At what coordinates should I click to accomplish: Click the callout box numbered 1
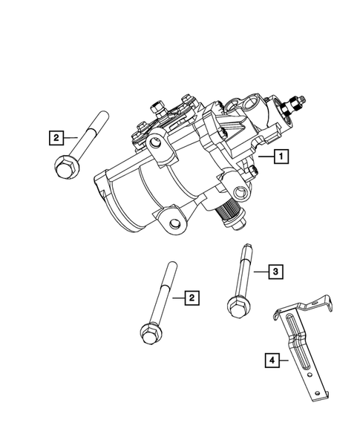tap(281, 157)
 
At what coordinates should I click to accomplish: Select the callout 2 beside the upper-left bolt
tap(54, 137)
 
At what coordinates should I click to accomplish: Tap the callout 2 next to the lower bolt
tap(191, 298)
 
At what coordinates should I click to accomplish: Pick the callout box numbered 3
tap(274, 272)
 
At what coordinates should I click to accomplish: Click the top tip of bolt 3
tap(243, 248)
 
